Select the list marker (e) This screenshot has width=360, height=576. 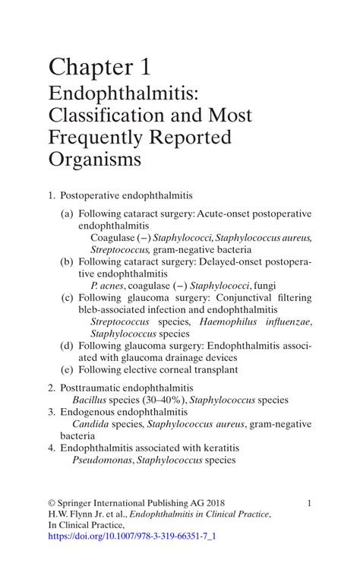pos(68,369)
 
